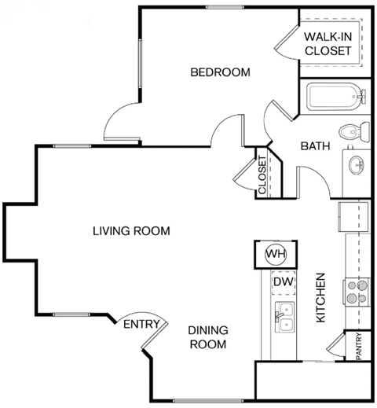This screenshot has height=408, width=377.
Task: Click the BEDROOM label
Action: pos(220,72)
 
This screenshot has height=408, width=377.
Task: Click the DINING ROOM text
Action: pos(207,338)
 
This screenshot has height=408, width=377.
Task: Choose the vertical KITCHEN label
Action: pos(320,300)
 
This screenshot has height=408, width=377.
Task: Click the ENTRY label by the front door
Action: pos(141,324)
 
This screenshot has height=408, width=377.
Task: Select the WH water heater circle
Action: pos(275,254)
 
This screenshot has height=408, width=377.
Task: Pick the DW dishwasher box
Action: pos(282,281)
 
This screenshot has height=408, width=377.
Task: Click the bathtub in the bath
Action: pos(334,98)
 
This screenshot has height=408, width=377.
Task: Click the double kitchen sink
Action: pos(284,316)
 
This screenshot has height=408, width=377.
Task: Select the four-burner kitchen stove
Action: pos(357,292)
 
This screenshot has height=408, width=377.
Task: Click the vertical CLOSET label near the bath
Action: pos(262,175)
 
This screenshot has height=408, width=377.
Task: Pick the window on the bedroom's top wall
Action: pos(223,7)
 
